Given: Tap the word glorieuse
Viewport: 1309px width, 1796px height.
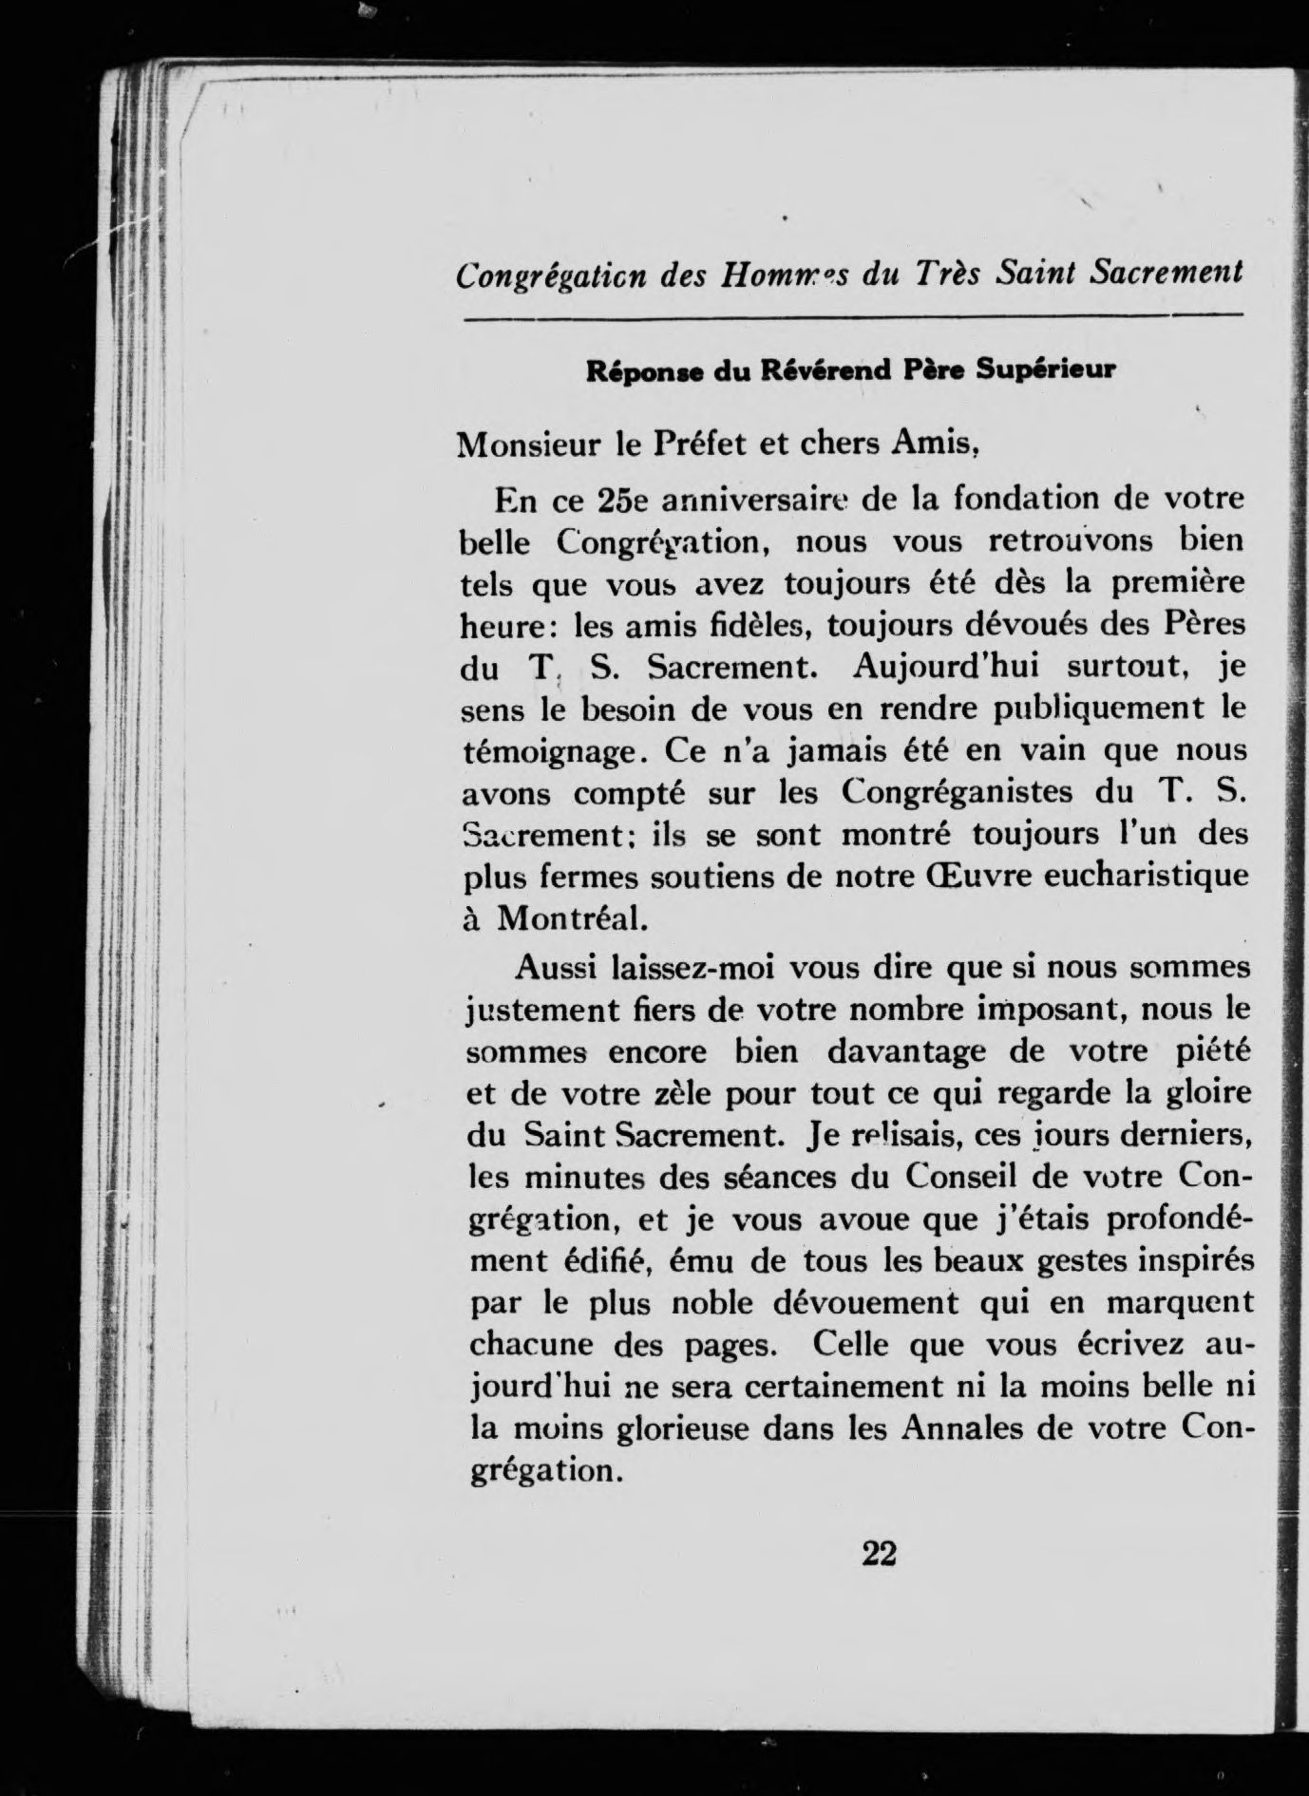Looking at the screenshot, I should (665, 1429).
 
